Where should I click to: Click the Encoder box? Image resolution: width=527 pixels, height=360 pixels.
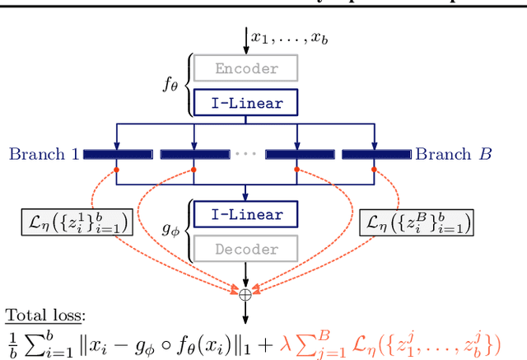click(x=246, y=69)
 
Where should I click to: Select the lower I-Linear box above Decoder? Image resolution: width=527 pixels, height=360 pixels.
click(x=246, y=215)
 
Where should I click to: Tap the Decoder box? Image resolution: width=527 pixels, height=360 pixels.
click(x=246, y=247)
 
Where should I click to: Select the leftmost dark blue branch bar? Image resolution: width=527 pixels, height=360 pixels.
click(x=117, y=154)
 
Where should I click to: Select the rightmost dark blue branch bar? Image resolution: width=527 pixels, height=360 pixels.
click(x=375, y=154)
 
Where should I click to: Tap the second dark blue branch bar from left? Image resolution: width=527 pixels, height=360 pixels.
click(x=194, y=154)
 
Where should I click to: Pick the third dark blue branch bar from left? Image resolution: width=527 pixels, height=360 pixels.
click(x=298, y=154)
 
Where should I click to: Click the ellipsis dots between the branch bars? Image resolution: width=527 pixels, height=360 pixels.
click(x=246, y=154)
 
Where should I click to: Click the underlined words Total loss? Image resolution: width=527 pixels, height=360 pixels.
click(x=44, y=317)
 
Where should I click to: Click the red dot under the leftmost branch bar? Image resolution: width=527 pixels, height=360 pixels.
click(x=117, y=170)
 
